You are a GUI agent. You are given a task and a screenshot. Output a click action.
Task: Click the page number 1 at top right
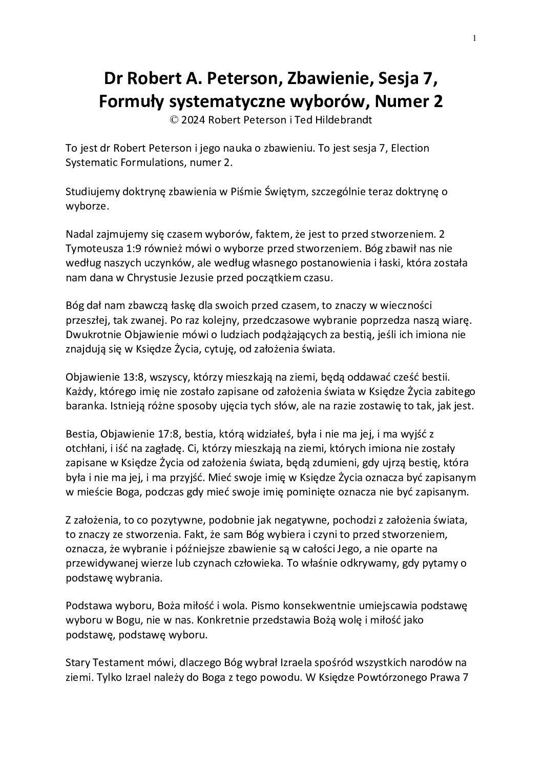coord(475,37)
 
